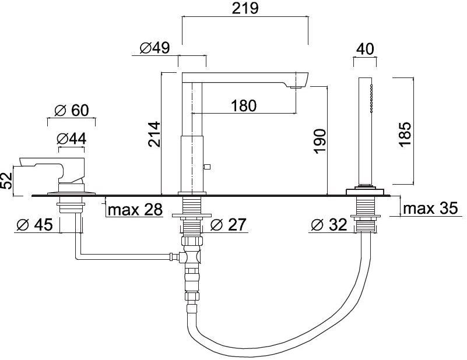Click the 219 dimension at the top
coord(245,8)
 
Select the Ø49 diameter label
coord(155,48)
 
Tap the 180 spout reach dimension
coord(244,105)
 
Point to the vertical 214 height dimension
coord(155,134)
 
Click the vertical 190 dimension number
coord(320,142)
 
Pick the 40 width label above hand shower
coord(365,49)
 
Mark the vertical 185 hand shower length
coord(405,134)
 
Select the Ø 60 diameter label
coord(72,110)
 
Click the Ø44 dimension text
coord(72,139)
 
